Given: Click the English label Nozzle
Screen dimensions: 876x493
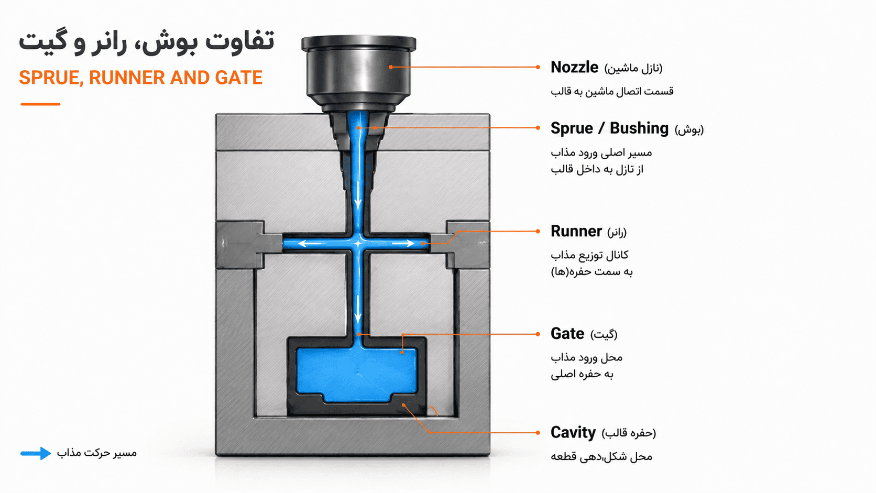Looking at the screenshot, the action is tap(574, 67).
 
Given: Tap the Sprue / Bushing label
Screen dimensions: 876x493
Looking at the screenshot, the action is tap(609, 128).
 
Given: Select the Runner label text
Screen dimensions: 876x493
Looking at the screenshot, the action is tap(576, 232).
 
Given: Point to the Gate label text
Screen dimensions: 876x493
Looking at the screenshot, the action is tap(567, 334).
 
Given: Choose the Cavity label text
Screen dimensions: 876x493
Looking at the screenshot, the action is tap(573, 433).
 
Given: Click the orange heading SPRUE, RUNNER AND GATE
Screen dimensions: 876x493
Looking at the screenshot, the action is tap(141, 78).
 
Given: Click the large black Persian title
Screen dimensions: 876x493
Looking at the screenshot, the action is tap(147, 41).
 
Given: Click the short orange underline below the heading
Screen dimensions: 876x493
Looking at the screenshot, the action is tap(40, 104).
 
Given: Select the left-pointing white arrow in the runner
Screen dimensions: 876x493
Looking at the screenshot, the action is tap(311, 244).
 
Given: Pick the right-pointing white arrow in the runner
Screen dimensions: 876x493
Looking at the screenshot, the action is tap(403, 244).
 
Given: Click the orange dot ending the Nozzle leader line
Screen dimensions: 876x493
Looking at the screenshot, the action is tap(538, 67).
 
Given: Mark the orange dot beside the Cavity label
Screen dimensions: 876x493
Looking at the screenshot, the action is tap(538, 432).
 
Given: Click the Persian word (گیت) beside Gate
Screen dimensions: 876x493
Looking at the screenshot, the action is tap(604, 335).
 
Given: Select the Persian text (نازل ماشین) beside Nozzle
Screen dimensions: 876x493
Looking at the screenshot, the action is tap(633, 69).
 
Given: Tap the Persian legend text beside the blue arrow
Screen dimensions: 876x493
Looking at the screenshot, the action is tap(97, 453).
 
